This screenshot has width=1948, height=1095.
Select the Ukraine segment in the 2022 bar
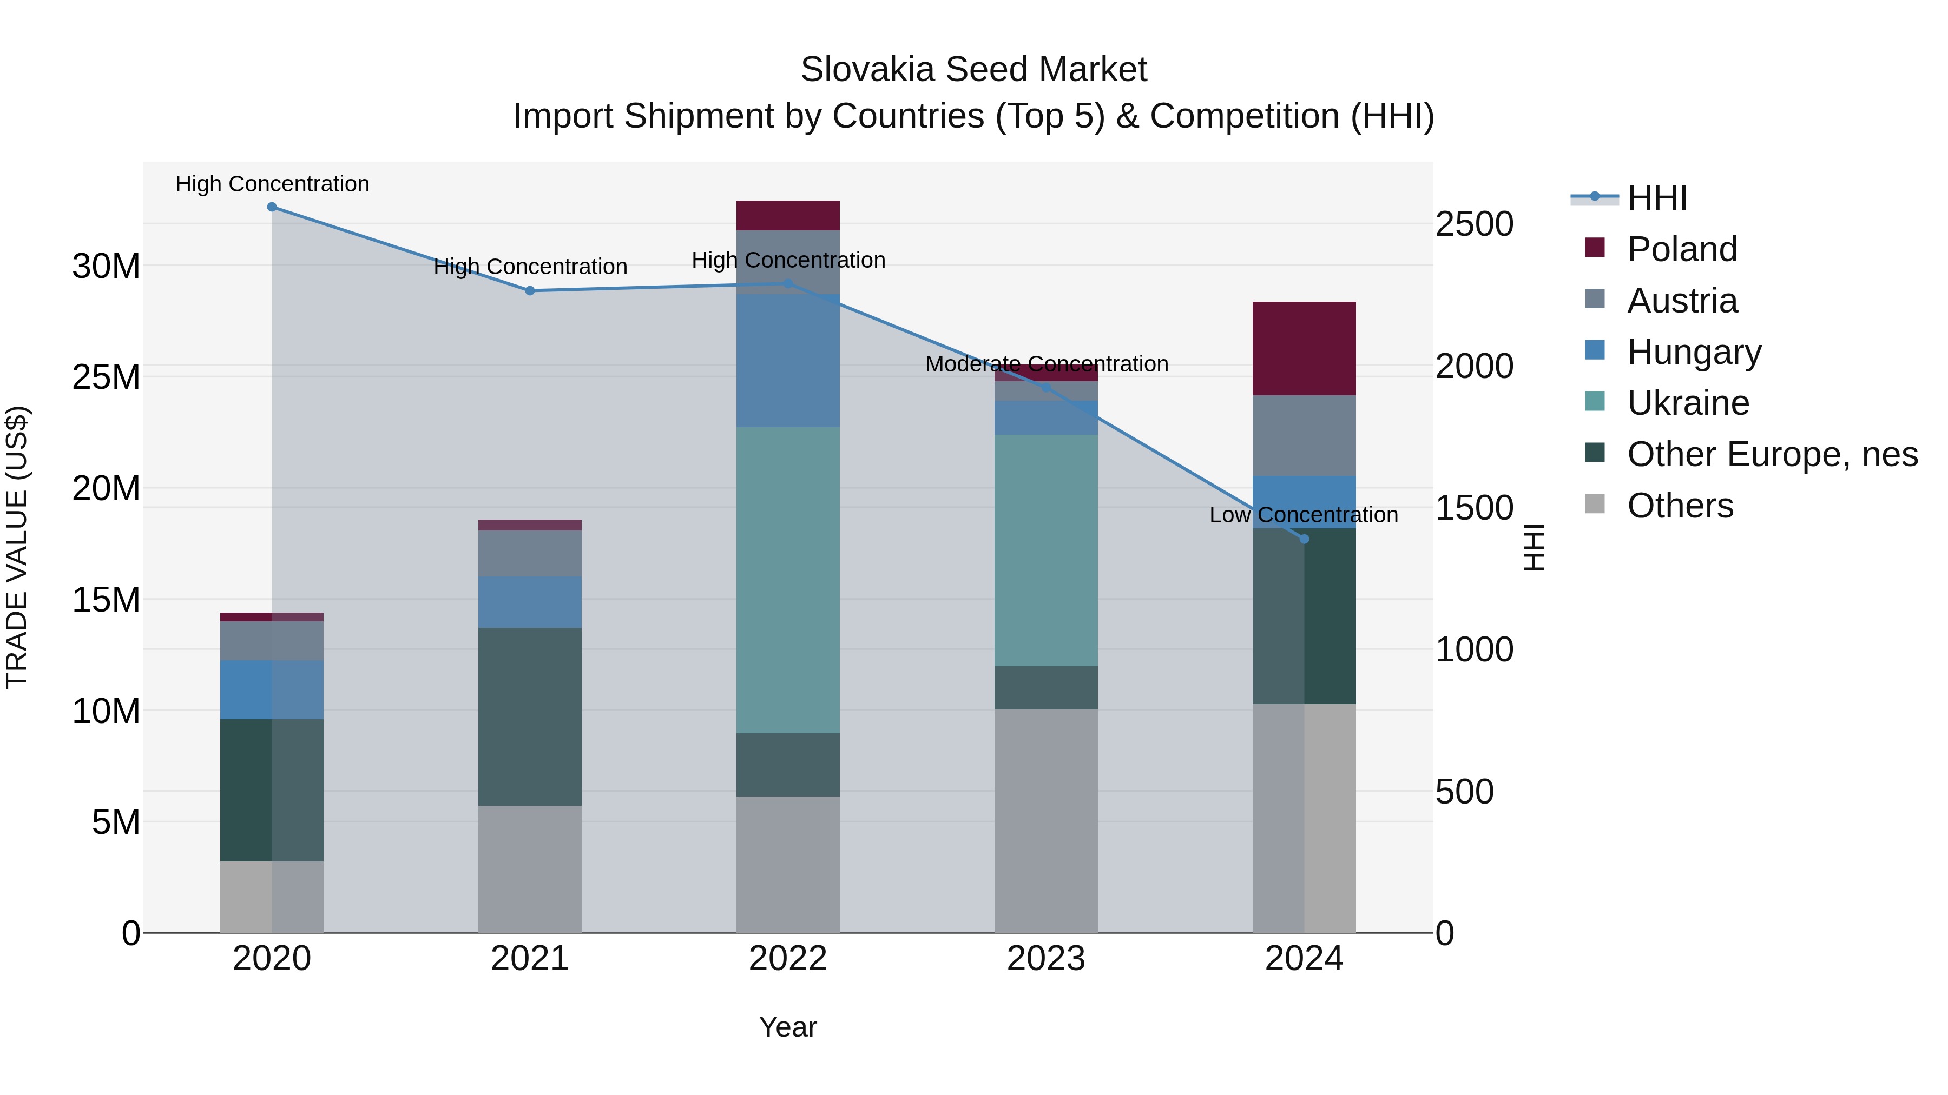pos(787,580)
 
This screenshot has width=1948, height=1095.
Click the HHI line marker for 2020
pos(272,207)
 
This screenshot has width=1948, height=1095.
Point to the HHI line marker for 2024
pos(1304,539)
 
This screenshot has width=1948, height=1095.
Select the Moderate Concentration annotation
pos(1046,364)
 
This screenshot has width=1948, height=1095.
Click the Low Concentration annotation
pos(1303,515)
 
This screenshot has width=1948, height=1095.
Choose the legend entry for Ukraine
pos(1687,403)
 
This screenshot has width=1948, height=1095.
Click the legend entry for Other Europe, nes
pos(1771,454)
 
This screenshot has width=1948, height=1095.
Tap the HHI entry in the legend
pos(1656,198)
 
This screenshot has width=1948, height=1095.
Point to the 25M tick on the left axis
pos(106,377)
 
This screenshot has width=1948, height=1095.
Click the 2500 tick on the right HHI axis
pos(1474,224)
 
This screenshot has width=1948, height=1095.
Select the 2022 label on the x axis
pos(787,959)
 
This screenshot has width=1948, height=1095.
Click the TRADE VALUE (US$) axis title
pos(17,547)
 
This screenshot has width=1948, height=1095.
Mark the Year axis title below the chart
pos(787,1027)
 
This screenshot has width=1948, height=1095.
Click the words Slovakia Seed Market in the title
pos(973,70)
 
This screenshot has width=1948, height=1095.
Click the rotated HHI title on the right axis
pos(1533,547)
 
